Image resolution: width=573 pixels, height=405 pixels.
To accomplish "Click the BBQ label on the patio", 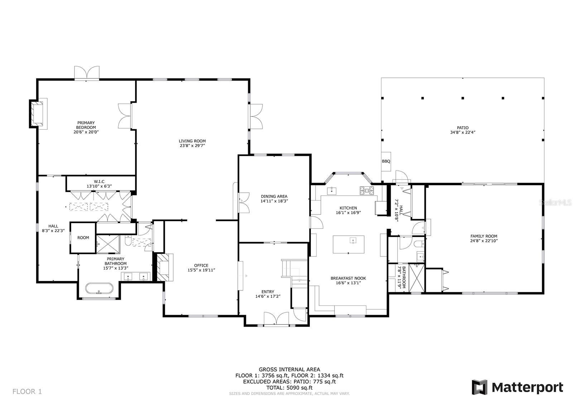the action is (386, 161).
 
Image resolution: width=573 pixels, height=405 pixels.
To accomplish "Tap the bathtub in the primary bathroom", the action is (99, 288).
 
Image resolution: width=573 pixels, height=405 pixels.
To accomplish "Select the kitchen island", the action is (348, 244).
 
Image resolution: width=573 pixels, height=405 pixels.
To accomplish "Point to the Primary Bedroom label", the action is (86, 125).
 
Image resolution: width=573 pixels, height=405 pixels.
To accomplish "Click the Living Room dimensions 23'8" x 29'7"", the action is (192, 146).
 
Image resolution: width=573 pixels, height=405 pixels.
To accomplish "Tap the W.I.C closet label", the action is (99, 182).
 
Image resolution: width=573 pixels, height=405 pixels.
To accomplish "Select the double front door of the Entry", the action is (276, 319).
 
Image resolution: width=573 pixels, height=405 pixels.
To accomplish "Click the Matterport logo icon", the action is (480, 387).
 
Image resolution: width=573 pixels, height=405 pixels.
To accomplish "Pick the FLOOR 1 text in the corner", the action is (27, 391).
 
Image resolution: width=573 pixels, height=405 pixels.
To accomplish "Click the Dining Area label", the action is (274, 196).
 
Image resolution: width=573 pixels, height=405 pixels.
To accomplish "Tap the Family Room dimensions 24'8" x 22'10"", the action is (484, 241).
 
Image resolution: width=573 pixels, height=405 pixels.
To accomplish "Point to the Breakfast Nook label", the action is (348, 278).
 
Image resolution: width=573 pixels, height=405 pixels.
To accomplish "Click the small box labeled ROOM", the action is (83, 238).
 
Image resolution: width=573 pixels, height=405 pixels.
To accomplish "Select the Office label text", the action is (201, 265).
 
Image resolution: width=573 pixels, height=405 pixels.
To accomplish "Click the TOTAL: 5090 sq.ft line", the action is (289, 387).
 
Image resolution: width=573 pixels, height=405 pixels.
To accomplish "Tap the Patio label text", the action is (463, 128).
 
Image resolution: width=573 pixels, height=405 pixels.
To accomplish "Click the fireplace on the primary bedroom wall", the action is (37, 114).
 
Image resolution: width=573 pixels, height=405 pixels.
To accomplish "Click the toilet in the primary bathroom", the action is (128, 241).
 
